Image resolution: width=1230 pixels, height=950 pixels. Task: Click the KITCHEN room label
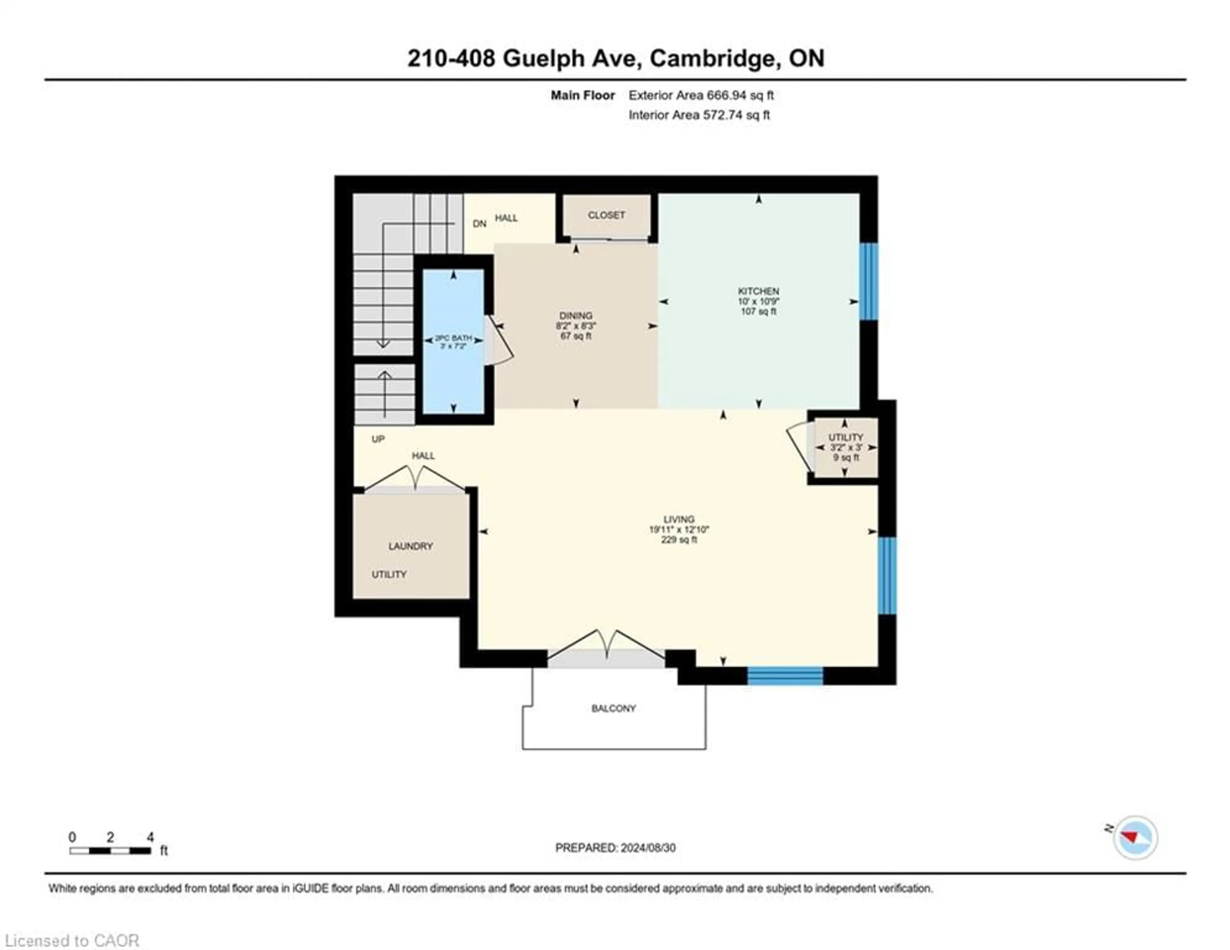click(758, 291)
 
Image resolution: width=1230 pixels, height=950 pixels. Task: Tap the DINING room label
click(576, 315)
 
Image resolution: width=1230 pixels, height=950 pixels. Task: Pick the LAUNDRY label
click(411, 546)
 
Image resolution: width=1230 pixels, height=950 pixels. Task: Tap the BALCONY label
click(613, 708)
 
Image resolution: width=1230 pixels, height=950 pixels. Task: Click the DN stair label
click(479, 224)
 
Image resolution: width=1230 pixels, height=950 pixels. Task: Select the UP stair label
click(378, 439)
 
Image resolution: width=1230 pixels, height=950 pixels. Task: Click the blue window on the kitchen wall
click(869, 281)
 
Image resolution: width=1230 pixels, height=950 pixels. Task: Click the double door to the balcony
click(607, 648)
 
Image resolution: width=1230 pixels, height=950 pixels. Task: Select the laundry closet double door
click(415, 479)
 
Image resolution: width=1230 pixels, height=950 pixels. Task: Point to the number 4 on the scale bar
click(150, 837)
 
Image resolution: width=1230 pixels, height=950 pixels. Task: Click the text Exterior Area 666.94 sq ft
click(701, 95)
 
